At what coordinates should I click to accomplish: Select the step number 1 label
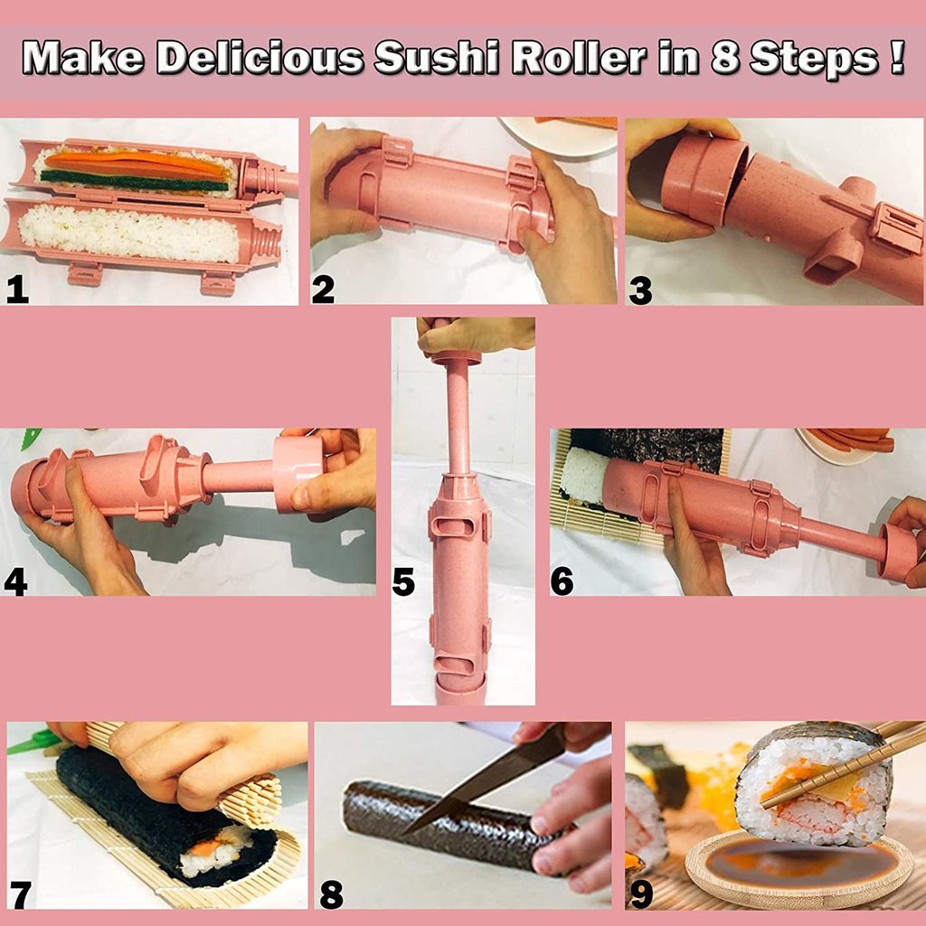(x=16, y=288)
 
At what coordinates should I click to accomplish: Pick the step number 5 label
(x=403, y=582)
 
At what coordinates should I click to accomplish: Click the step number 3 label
(x=640, y=290)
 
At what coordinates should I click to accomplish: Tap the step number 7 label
(x=20, y=893)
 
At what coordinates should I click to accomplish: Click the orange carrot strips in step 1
(x=136, y=164)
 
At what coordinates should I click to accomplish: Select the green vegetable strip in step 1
(x=136, y=184)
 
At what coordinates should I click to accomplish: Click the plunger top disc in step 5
(x=456, y=358)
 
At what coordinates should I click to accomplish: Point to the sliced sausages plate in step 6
(x=846, y=444)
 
